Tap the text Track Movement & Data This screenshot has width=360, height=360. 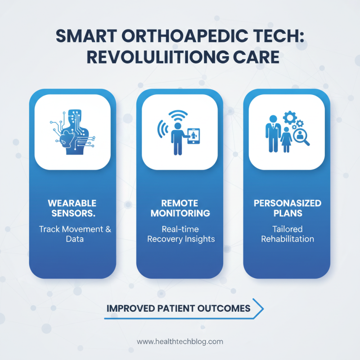pyautogui.click(x=75, y=234)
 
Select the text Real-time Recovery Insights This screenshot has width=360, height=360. pyautogui.click(x=180, y=234)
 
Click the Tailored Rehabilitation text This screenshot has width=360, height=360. pyautogui.click(x=287, y=234)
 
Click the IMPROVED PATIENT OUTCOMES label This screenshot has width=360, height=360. pyautogui.click(x=178, y=309)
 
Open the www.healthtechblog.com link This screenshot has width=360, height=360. pyautogui.click(x=180, y=342)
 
